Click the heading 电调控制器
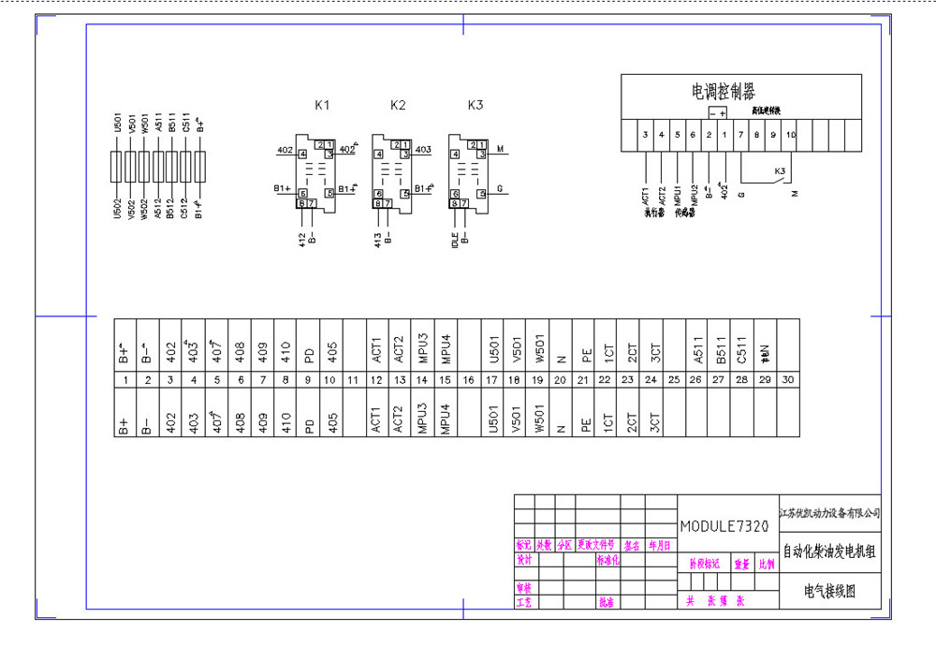pyautogui.click(x=723, y=91)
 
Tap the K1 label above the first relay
pyautogui.click(x=322, y=105)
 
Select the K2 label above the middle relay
pyautogui.click(x=398, y=105)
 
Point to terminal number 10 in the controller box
pyautogui.click(x=790, y=135)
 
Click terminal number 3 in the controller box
pyautogui.click(x=646, y=135)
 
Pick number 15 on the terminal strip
pyautogui.click(x=446, y=379)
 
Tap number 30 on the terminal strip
pyautogui.click(x=788, y=379)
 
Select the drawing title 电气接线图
pyautogui.click(x=829, y=591)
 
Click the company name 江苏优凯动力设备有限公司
pyautogui.click(x=829, y=513)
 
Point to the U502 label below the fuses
pyautogui.click(x=117, y=207)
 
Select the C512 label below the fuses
pyautogui.click(x=185, y=207)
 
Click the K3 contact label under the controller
pyautogui.click(x=780, y=171)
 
